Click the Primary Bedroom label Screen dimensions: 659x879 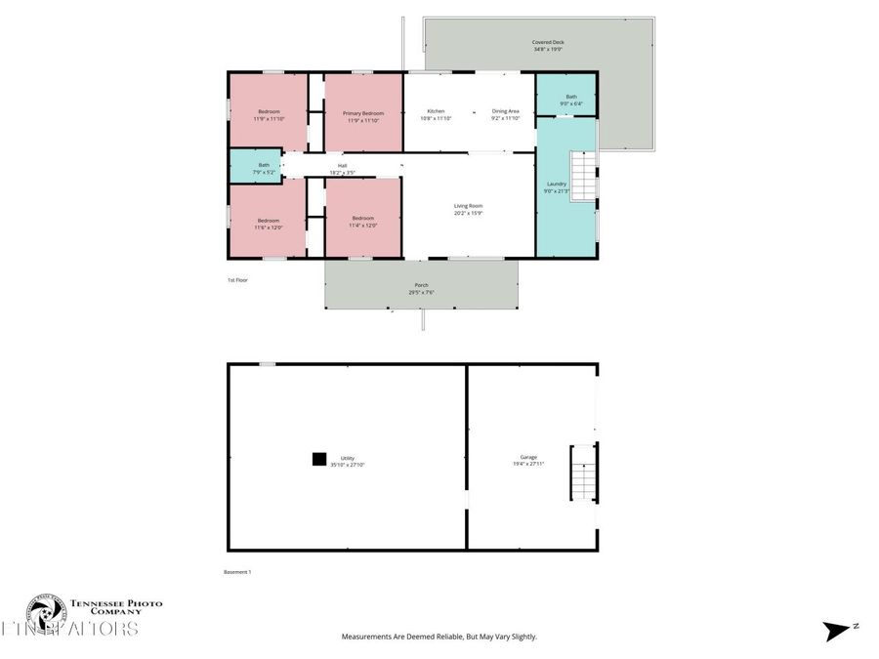[363, 113]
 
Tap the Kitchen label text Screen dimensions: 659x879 [436, 111]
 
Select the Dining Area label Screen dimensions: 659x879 [505, 111]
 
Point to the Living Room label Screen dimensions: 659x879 [468, 206]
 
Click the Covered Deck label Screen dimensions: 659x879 [548, 43]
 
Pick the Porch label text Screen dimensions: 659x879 [421, 285]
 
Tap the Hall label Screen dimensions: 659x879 [342, 166]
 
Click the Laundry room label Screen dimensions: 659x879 [557, 184]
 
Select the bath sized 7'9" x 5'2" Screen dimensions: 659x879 [264, 168]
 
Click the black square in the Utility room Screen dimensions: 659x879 [318, 458]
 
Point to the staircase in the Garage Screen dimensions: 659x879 [582, 473]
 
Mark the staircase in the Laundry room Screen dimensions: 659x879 [582, 178]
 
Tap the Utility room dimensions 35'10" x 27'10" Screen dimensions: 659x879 [347, 466]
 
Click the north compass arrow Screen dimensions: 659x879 [839, 631]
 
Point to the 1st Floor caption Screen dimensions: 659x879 [237, 280]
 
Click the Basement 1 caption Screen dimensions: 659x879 [238, 572]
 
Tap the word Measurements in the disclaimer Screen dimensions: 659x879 [365, 637]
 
